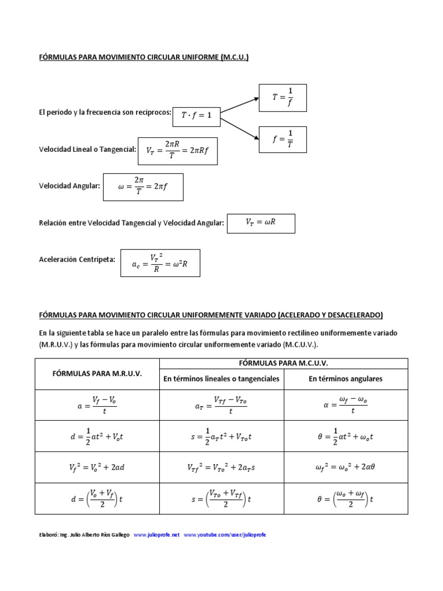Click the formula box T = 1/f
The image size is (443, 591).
click(x=282, y=98)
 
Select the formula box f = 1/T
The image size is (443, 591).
click(x=282, y=139)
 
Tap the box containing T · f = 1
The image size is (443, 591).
click(x=197, y=115)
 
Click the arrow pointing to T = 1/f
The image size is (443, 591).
click(x=240, y=105)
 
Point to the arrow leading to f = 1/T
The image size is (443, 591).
click(x=240, y=128)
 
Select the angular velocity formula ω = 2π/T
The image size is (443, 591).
click(x=143, y=187)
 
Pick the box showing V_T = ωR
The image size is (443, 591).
click(x=261, y=223)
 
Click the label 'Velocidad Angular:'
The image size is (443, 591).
click(x=69, y=186)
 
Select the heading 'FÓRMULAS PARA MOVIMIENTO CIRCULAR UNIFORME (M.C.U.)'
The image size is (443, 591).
click(x=144, y=57)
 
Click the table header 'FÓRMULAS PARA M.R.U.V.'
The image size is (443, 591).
click(x=96, y=373)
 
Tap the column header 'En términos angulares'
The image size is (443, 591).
click(x=346, y=379)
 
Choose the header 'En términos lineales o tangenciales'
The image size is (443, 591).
click(x=221, y=379)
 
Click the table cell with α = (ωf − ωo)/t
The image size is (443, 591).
click(x=346, y=405)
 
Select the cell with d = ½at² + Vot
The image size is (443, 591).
click(x=96, y=436)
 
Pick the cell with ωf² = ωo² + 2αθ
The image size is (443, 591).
click(x=346, y=467)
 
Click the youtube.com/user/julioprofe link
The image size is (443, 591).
click(x=225, y=535)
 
